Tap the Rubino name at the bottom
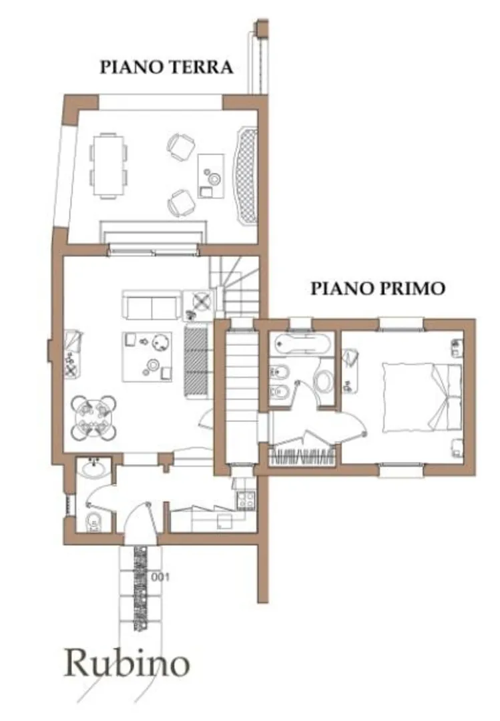[126, 664]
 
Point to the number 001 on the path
[160, 577]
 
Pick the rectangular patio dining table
[109, 166]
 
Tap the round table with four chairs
[93, 418]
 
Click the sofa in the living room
[152, 305]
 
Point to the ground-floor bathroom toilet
[95, 522]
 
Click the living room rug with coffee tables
[147, 356]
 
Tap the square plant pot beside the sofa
[200, 302]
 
